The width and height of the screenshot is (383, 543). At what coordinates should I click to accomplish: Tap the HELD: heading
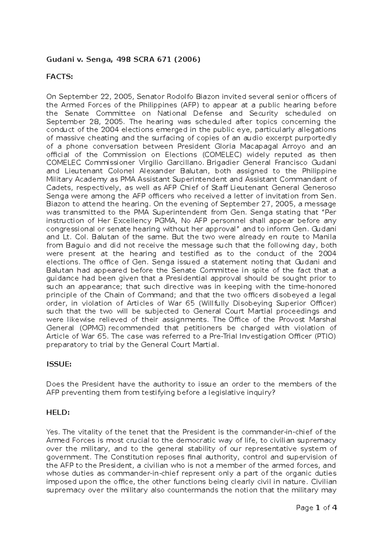click(58, 413)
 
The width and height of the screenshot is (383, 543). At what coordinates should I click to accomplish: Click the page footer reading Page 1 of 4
click(316, 508)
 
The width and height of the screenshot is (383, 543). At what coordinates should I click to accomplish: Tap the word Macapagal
click(266, 146)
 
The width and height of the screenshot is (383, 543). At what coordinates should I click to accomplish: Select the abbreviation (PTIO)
click(325, 336)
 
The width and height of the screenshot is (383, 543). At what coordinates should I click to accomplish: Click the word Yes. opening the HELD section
click(53, 432)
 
